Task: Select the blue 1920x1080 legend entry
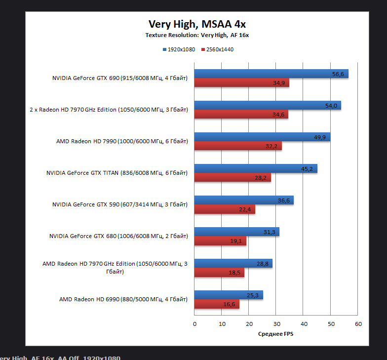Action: [179, 49]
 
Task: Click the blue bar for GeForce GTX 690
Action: [271, 74]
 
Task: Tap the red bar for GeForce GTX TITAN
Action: [232, 178]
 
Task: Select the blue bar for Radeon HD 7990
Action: [262, 137]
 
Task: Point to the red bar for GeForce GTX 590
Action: [224, 209]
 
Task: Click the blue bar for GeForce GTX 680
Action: [236, 232]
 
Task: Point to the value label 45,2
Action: [307, 169]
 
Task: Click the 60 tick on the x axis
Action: [358, 324]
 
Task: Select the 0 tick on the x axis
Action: [194, 324]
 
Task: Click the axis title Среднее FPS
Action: [275, 334]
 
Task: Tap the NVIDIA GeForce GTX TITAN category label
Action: [117, 173]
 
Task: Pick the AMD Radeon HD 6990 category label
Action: [123, 299]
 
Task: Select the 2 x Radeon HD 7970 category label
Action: [109, 110]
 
